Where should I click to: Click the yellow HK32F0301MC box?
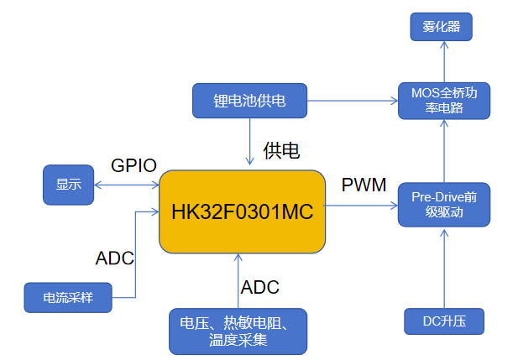tap(242, 211)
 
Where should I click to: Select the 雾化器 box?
tap(441, 28)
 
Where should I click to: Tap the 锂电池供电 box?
tap(249, 101)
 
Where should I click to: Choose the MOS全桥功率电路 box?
tap(443, 101)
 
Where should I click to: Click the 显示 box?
tap(69, 185)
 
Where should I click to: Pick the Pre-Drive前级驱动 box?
tap(443, 204)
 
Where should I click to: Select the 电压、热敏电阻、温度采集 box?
tap(238, 331)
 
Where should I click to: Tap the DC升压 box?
tap(443, 321)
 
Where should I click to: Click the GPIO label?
tap(134, 165)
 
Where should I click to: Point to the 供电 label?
tap(281, 151)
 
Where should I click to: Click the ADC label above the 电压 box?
tap(260, 287)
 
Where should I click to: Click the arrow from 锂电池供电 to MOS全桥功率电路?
tap(353, 101)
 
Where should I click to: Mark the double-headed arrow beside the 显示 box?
tap(126, 185)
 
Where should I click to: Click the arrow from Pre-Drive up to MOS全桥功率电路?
tap(443, 151)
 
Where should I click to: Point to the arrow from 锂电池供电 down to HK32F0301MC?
tap(249, 141)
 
